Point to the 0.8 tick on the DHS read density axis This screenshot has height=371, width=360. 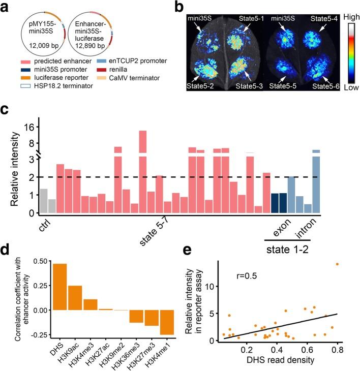coord(337,351)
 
